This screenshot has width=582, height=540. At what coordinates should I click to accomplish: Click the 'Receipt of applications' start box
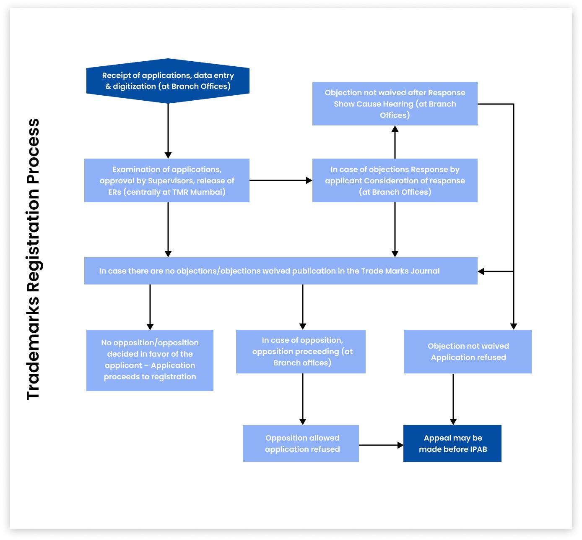[x=168, y=81]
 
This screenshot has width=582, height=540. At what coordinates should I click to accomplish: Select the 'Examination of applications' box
[x=167, y=180]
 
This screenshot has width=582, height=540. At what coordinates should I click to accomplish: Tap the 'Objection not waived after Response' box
[x=395, y=104]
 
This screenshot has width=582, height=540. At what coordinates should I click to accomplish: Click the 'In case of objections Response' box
[x=395, y=180]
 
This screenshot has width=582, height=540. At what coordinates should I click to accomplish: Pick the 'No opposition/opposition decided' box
[x=150, y=360]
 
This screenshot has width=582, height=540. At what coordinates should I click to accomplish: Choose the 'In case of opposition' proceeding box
[x=301, y=352]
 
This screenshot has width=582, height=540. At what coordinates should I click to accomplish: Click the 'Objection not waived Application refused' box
[x=468, y=352]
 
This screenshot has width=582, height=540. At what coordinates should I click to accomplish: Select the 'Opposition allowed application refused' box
[x=301, y=443]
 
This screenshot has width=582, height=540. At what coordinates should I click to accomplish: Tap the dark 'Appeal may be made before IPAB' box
[x=452, y=443]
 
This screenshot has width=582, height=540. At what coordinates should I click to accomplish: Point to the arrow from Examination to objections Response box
[x=281, y=180]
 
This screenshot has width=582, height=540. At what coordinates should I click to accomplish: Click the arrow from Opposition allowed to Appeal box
[x=381, y=445]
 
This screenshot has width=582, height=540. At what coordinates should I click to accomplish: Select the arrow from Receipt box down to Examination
[x=168, y=130]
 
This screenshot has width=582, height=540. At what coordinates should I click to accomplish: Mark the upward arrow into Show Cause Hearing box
[x=395, y=142]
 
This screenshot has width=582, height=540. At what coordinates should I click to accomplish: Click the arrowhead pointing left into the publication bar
[x=481, y=271]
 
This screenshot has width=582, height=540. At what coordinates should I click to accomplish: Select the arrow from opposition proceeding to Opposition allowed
[x=303, y=399]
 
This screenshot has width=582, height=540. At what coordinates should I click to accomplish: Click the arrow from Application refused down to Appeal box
[x=453, y=399]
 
